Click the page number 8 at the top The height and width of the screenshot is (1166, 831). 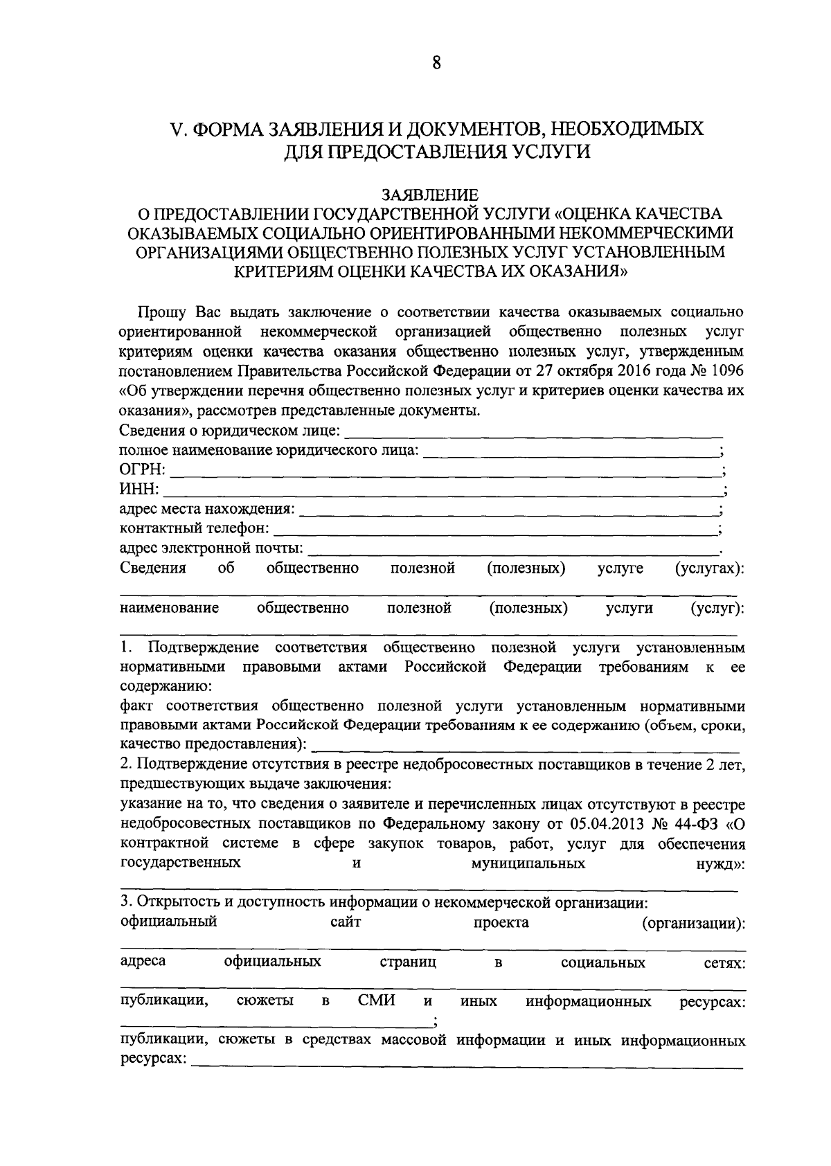click(436, 64)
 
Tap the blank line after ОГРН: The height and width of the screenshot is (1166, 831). click(443, 473)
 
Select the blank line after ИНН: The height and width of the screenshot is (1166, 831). click(440, 492)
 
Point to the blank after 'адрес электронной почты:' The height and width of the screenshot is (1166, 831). click(512, 551)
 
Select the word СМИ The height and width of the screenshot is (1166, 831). click(377, 1001)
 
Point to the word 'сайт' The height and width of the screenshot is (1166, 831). click(345, 922)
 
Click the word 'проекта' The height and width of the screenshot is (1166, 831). click(501, 922)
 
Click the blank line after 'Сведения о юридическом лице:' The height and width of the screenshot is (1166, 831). click(533, 436)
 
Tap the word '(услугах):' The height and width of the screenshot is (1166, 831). click(709, 568)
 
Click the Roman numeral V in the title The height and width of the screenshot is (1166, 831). click(176, 129)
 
